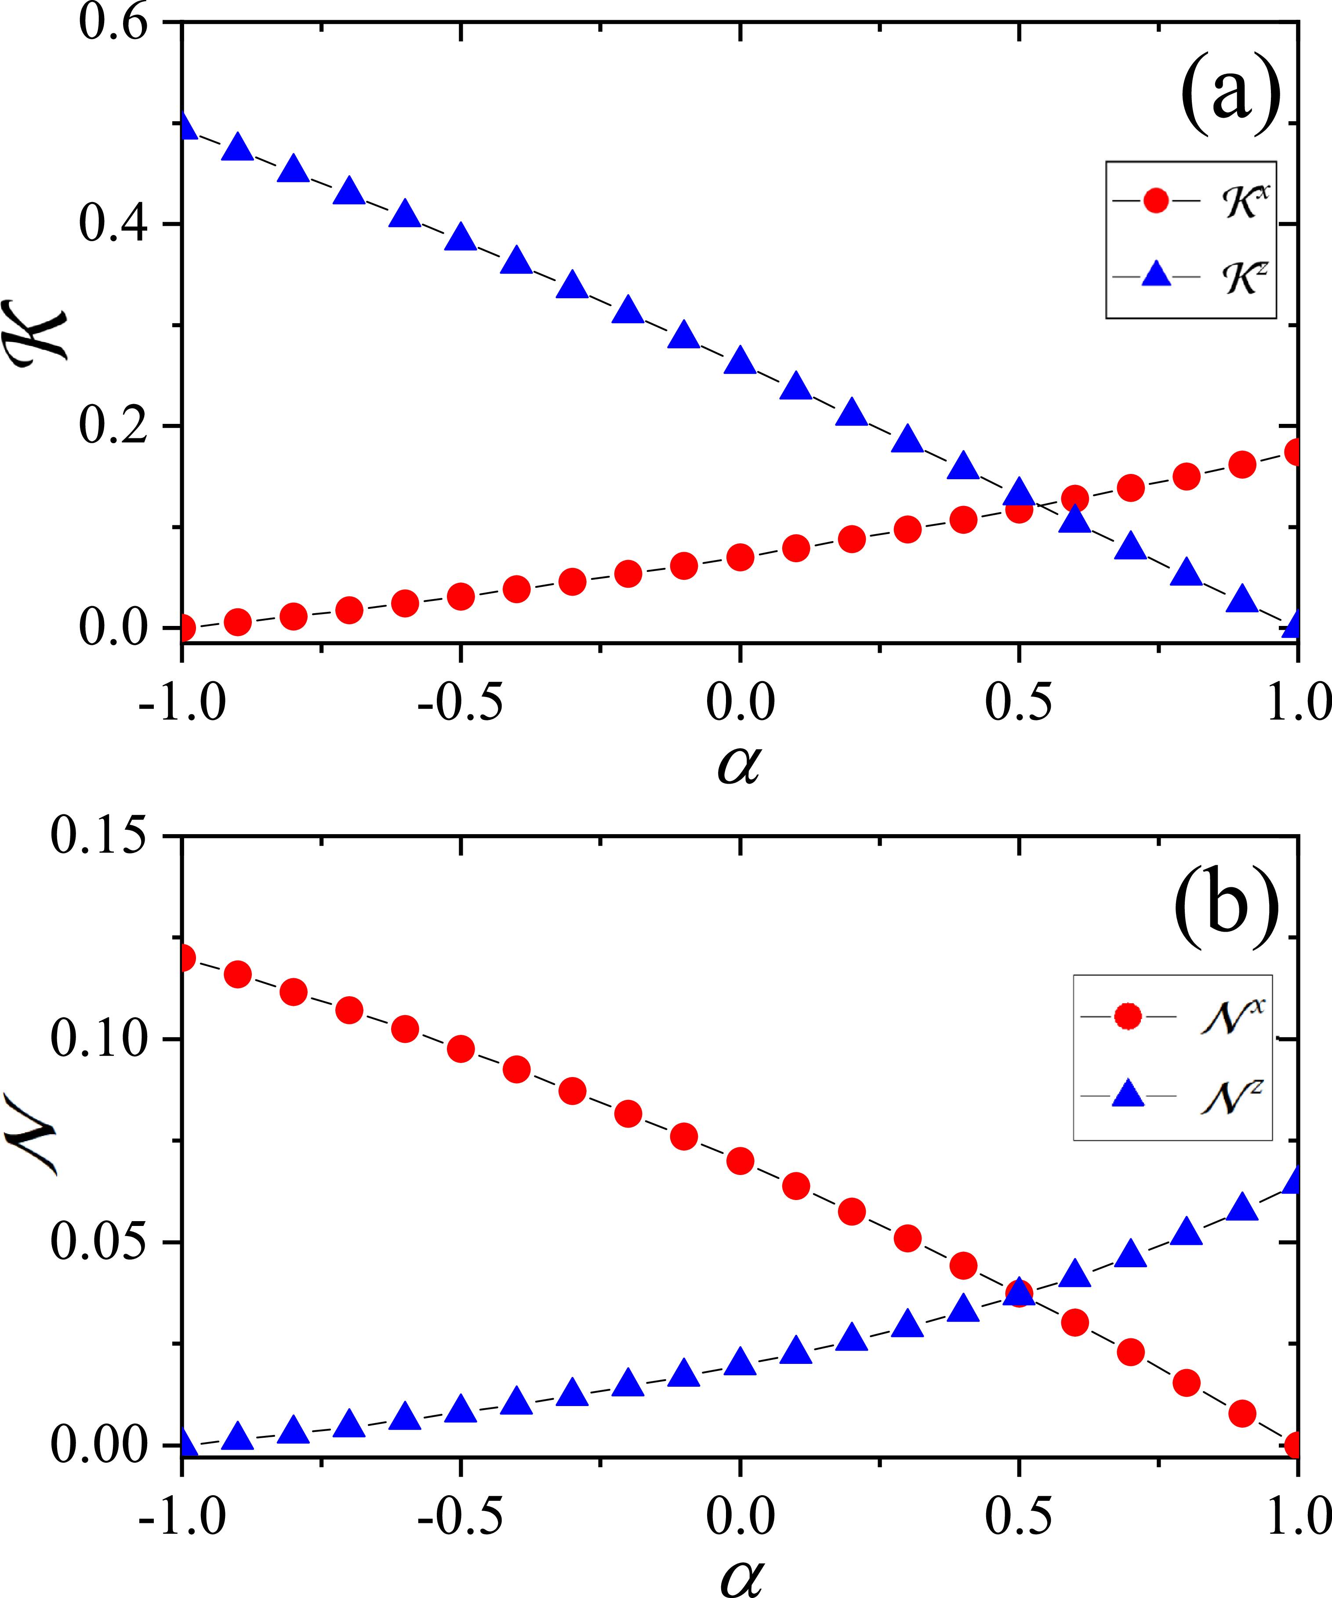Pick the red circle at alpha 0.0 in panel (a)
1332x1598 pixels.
coord(740,558)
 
